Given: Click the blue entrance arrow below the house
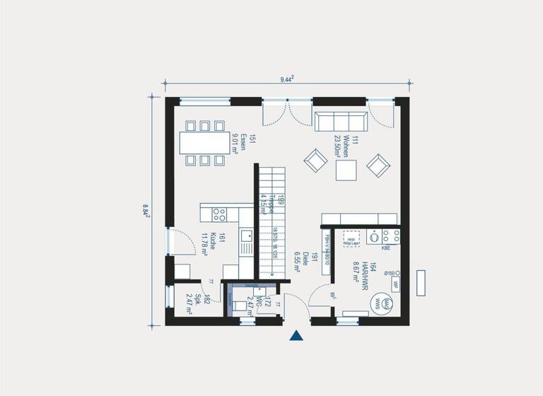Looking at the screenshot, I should [x=297, y=336].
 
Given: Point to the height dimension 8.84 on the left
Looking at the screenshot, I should [x=146, y=210].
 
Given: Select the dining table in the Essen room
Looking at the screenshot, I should [x=204, y=144].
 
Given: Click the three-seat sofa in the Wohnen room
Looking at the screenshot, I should [x=341, y=121].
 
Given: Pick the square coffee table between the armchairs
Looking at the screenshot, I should [x=346, y=170].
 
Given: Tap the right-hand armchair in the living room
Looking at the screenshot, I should [x=378, y=165].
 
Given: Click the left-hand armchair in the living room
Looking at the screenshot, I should [x=315, y=161].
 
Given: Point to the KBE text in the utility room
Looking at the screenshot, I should [x=386, y=249].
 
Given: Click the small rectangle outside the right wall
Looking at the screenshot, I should [x=422, y=282].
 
